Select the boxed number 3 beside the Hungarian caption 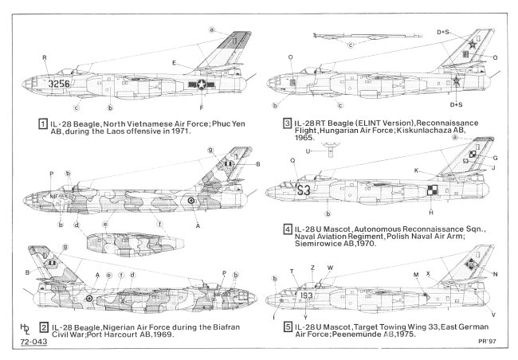(x=286, y=123)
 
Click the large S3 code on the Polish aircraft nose (x=304, y=190)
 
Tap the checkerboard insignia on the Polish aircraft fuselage (x=433, y=190)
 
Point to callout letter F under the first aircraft (x=202, y=107)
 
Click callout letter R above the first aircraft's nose (x=45, y=57)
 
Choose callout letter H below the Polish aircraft (x=431, y=213)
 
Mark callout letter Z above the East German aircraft (x=312, y=268)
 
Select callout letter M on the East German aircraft (x=416, y=273)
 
